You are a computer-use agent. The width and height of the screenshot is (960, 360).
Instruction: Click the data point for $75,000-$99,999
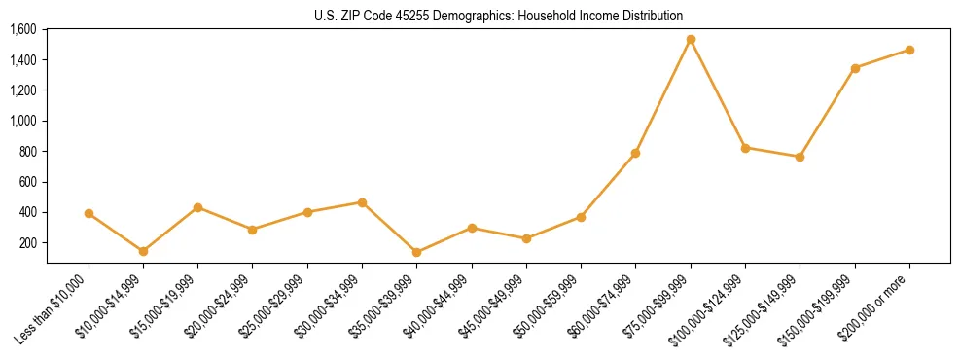tap(691, 40)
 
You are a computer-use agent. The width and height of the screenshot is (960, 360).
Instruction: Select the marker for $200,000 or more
tap(909, 50)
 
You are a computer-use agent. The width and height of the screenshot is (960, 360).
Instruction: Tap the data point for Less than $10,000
tap(89, 213)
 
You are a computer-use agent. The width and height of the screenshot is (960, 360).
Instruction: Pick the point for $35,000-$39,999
tap(417, 252)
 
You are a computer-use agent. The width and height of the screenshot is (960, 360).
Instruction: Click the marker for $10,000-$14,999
tap(143, 251)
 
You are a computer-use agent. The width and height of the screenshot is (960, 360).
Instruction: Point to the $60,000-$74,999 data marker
tap(636, 153)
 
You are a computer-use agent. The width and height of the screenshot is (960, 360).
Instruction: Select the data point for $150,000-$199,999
tap(855, 68)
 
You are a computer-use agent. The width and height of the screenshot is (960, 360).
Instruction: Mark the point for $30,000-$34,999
tap(362, 202)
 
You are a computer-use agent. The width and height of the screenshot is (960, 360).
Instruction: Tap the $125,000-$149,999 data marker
tap(800, 157)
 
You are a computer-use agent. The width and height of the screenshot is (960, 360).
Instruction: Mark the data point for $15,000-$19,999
tap(197, 207)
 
